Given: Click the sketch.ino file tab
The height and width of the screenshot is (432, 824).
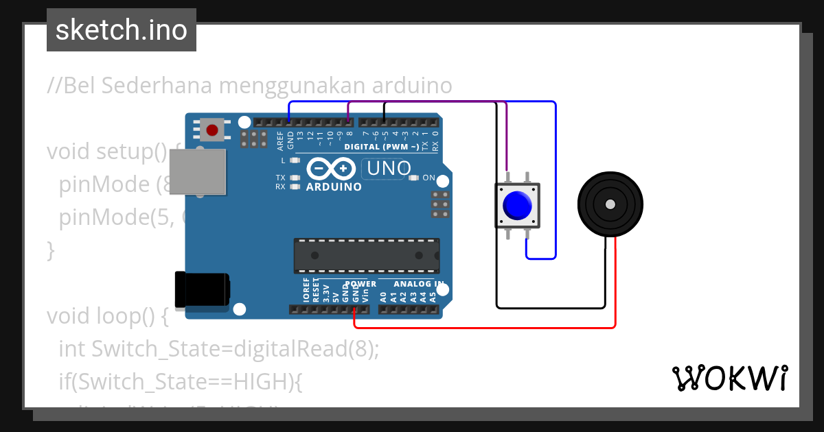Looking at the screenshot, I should click(x=122, y=30).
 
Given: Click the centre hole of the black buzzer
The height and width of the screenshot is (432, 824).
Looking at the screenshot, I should click(x=610, y=204).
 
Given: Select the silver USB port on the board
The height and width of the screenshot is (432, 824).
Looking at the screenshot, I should click(x=197, y=171).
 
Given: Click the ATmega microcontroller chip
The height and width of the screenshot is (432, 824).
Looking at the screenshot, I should click(x=367, y=254).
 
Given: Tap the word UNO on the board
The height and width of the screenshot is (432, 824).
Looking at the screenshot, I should click(x=389, y=168).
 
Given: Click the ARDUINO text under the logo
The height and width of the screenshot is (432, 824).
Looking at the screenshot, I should click(x=334, y=187).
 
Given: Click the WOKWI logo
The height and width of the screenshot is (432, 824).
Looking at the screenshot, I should click(x=730, y=378).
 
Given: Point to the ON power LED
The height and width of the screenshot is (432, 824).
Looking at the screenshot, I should click(x=413, y=178).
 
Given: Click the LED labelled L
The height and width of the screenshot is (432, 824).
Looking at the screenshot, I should click(x=295, y=160).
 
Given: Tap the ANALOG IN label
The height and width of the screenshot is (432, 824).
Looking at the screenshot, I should click(x=418, y=283).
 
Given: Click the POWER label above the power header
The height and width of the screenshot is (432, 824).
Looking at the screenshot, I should click(x=361, y=283).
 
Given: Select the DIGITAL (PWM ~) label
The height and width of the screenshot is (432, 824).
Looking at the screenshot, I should click(x=381, y=147).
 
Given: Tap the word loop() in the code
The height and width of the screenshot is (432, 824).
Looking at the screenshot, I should click(x=135, y=316).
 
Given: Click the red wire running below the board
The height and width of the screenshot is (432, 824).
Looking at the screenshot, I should click(x=481, y=327).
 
